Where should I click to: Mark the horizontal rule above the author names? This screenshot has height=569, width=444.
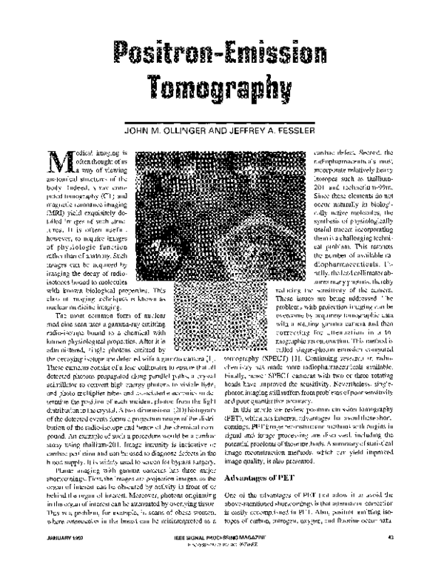pyautogui.click(x=222, y=112)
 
